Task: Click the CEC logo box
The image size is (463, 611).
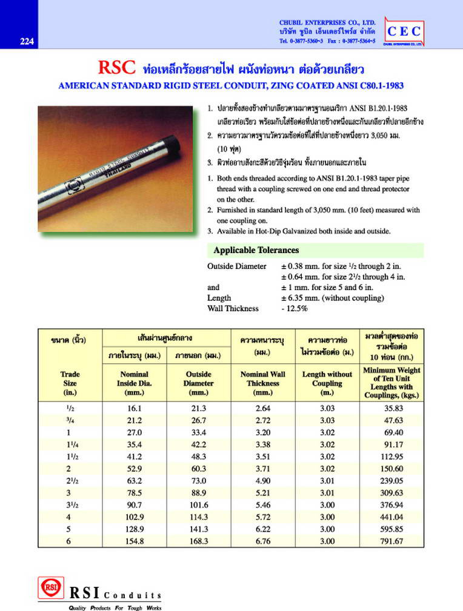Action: pos(404,31)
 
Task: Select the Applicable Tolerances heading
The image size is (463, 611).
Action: pos(255,250)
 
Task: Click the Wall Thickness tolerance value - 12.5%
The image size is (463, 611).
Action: pos(295,309)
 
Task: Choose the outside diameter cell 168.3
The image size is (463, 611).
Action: pos(199,541)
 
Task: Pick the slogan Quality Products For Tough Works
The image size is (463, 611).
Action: pos(115,607)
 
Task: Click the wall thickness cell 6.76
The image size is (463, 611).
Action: pos(262,541)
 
